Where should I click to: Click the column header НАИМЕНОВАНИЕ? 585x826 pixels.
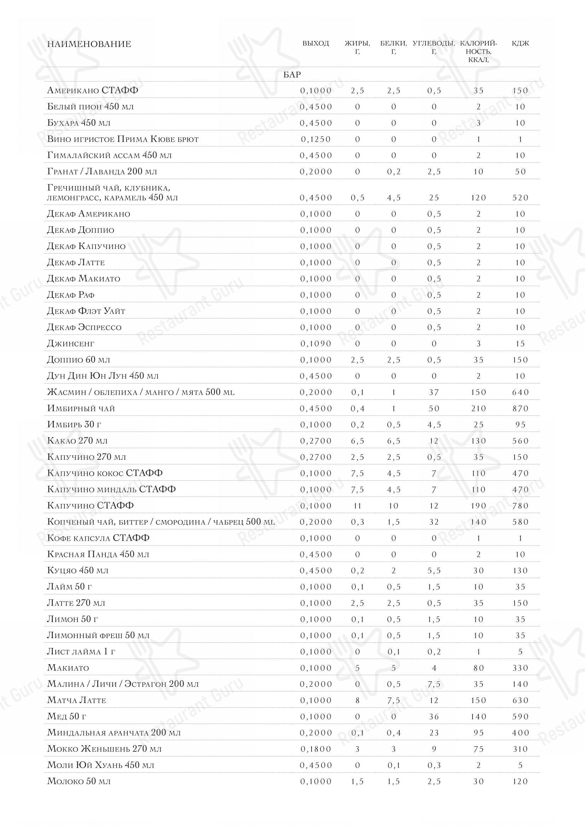[x=89, y=44]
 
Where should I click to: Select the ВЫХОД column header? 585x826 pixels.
[x=315, y=43]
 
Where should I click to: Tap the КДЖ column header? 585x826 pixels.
[x=520, y=43]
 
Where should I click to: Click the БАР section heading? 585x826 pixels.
[x=292, y=75]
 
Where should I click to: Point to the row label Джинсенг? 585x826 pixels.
[x=71, y=344]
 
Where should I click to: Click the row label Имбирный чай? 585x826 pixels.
[x=81, y=408]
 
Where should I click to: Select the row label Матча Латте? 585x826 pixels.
[x=77, y=700]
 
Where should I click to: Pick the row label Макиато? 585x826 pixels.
[x=68, y=668]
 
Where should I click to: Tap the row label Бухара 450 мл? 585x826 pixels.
[x=79, y=123]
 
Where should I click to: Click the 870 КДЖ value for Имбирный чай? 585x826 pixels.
[x=520, y=409]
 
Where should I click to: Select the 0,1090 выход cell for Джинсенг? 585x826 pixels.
[x=315, y=344]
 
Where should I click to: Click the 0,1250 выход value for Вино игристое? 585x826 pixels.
[x=315, y=139]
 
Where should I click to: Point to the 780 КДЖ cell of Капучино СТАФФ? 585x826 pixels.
[x=520, y=506]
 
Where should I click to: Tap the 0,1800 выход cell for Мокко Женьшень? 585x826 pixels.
[x=315, y=749]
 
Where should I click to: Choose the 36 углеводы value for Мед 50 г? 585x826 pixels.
[x=434, y=717]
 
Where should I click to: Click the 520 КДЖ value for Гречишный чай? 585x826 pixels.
[x=520, y=198]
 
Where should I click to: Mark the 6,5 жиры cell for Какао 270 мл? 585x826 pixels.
[x=357, y=441]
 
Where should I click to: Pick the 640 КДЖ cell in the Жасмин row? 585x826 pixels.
[x=520, y=392]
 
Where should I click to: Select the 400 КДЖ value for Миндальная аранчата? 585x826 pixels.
[x=520, y=733]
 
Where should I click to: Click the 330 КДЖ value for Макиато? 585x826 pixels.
[x=520, y=668]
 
